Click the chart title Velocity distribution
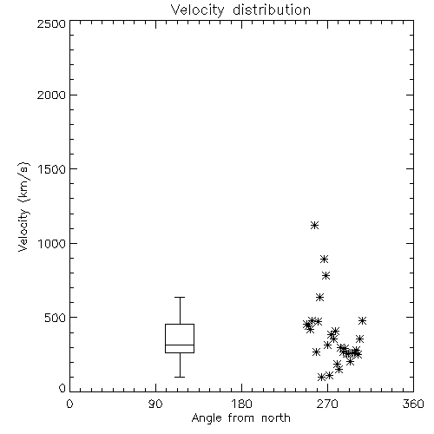click(x=240, y=10)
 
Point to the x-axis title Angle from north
click(x=240, y=418)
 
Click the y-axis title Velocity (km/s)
click(x=23, y=207)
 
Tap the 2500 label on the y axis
click(x=51, y=23)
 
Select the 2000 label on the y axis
click(x=51, y=95)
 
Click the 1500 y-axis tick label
click(x=52, y=169)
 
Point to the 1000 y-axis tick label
click(x=52, y=243)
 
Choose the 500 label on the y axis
click(x=55, y=318)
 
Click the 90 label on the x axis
click(x=155, y=404)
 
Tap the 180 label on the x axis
click(x=241, y=404)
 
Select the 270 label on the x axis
click(x=327, y=404)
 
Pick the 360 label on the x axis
click(x=413, y=404)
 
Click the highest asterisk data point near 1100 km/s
click(x=314, y=225)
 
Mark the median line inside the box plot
click(x=180, y=345)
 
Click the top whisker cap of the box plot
click(x=180, y=297)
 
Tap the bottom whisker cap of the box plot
click(x=180, y=377)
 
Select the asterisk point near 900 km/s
click(x=324, y=259)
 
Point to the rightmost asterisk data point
click(x=362, y=320)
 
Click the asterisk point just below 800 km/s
click(x=325, y=275)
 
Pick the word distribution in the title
click(x=272, y=10)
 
